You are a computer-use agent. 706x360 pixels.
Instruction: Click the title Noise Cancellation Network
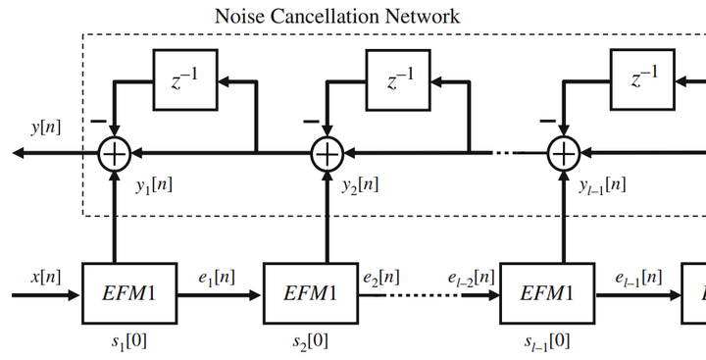(337, 16)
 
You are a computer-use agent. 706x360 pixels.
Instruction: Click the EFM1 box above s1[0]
(130, 292)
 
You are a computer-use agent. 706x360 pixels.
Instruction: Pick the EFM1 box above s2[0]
(312, 292)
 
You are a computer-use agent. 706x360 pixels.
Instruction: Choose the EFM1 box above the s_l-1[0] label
(546, 292)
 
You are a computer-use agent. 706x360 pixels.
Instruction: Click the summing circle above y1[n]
(116, 153)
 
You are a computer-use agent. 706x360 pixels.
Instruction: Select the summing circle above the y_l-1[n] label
(564, 153)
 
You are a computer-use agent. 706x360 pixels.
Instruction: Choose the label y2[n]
(363, 183)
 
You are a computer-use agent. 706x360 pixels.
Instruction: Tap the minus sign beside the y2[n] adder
(311, 122)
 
